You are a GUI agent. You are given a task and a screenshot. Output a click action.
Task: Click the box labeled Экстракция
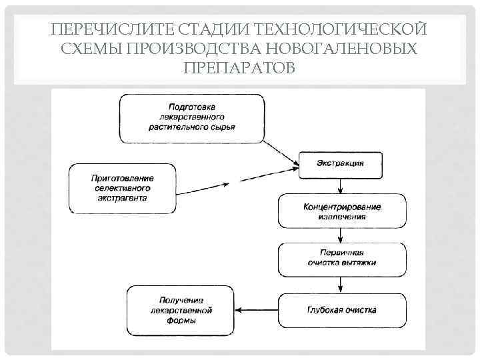[340, 164]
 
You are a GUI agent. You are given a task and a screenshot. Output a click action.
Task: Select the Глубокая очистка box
[341, 310]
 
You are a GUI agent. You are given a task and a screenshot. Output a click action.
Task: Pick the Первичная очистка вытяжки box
[341, 258]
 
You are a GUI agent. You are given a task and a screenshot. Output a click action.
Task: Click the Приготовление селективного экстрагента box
[123, 189]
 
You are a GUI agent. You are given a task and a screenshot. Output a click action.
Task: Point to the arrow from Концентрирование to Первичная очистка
[341, 235]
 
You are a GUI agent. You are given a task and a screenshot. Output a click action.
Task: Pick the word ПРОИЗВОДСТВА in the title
[195, 49]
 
